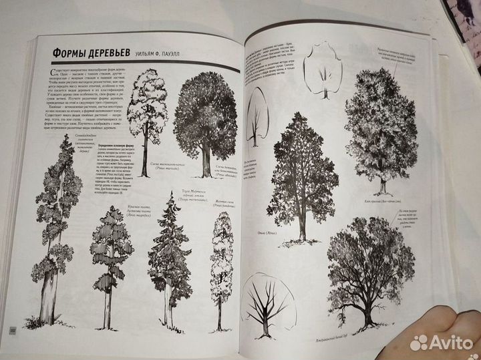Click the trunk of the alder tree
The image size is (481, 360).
(302, 227)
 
